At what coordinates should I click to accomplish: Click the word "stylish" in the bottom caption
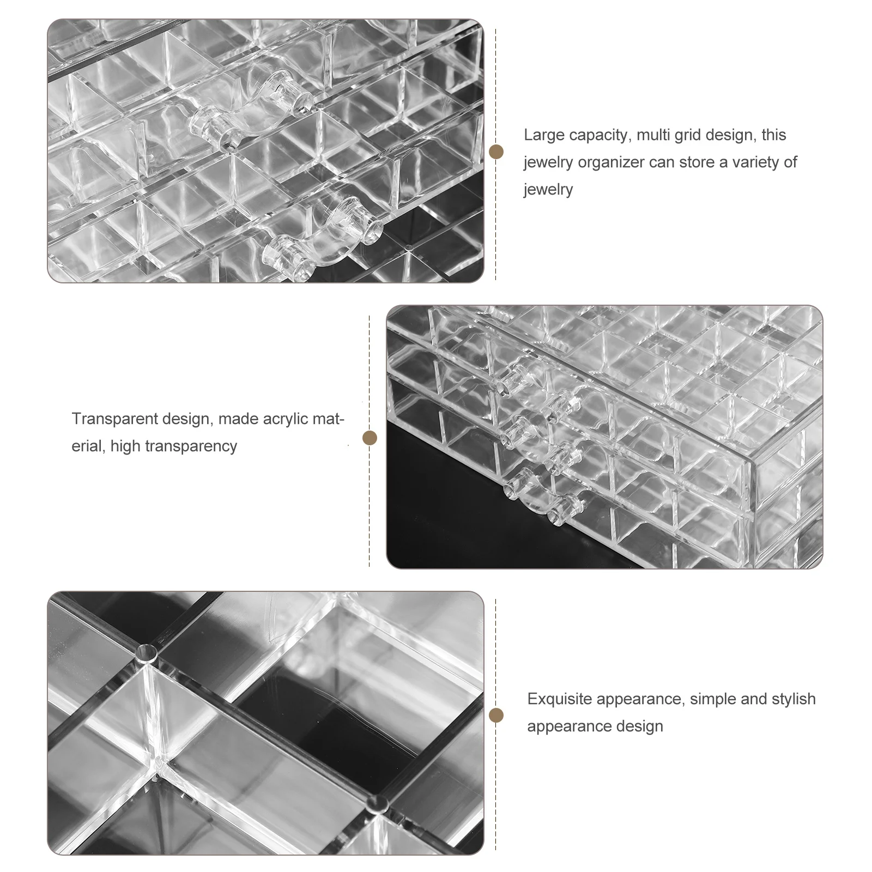tap(794, 699)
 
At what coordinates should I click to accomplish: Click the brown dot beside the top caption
tap(496, 152)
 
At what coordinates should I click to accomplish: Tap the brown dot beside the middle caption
tap(370, 438)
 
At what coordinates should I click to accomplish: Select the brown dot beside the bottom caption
tap(496, 716)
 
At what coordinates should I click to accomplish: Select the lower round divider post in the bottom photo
tap(377, 802)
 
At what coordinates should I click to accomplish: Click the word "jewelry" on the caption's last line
tap(548, 190)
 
